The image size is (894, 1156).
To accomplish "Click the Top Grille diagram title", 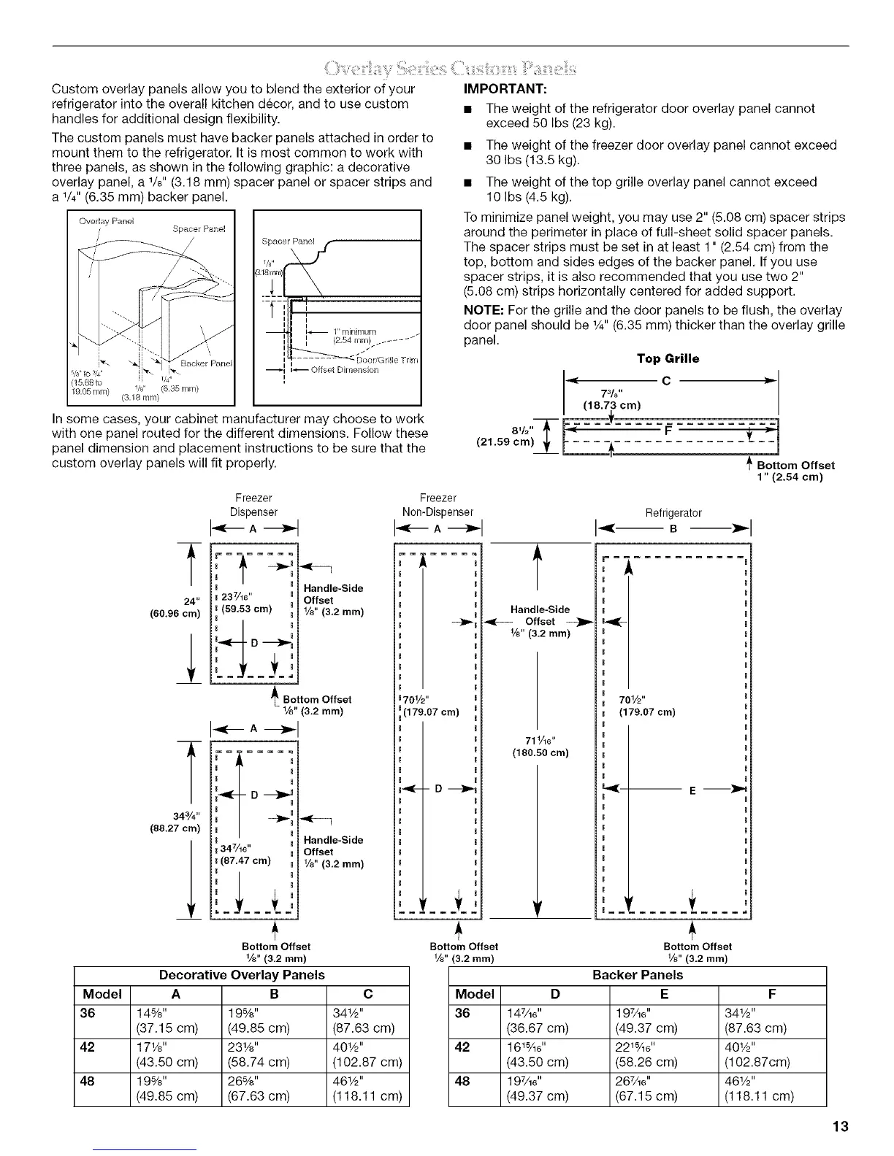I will click(x=668, y=358).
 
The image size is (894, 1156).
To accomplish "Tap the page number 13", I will click(x=840, y=1126).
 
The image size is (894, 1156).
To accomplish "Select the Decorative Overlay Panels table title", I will click(x=242, y=974).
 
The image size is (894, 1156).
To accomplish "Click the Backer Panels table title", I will click(x=638, y=974).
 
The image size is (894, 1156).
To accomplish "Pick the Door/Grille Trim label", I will click(x=386, y=361).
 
